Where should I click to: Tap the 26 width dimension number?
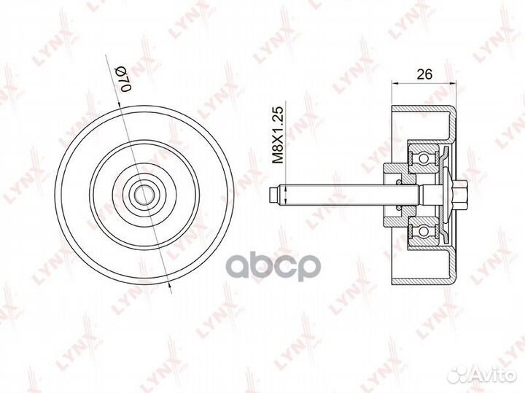point(424,74)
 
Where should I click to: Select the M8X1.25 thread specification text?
point(278,135)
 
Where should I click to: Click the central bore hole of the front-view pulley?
point(144,195)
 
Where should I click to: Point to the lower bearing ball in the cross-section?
point(424,232)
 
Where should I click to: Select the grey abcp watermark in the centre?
point(274,266)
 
